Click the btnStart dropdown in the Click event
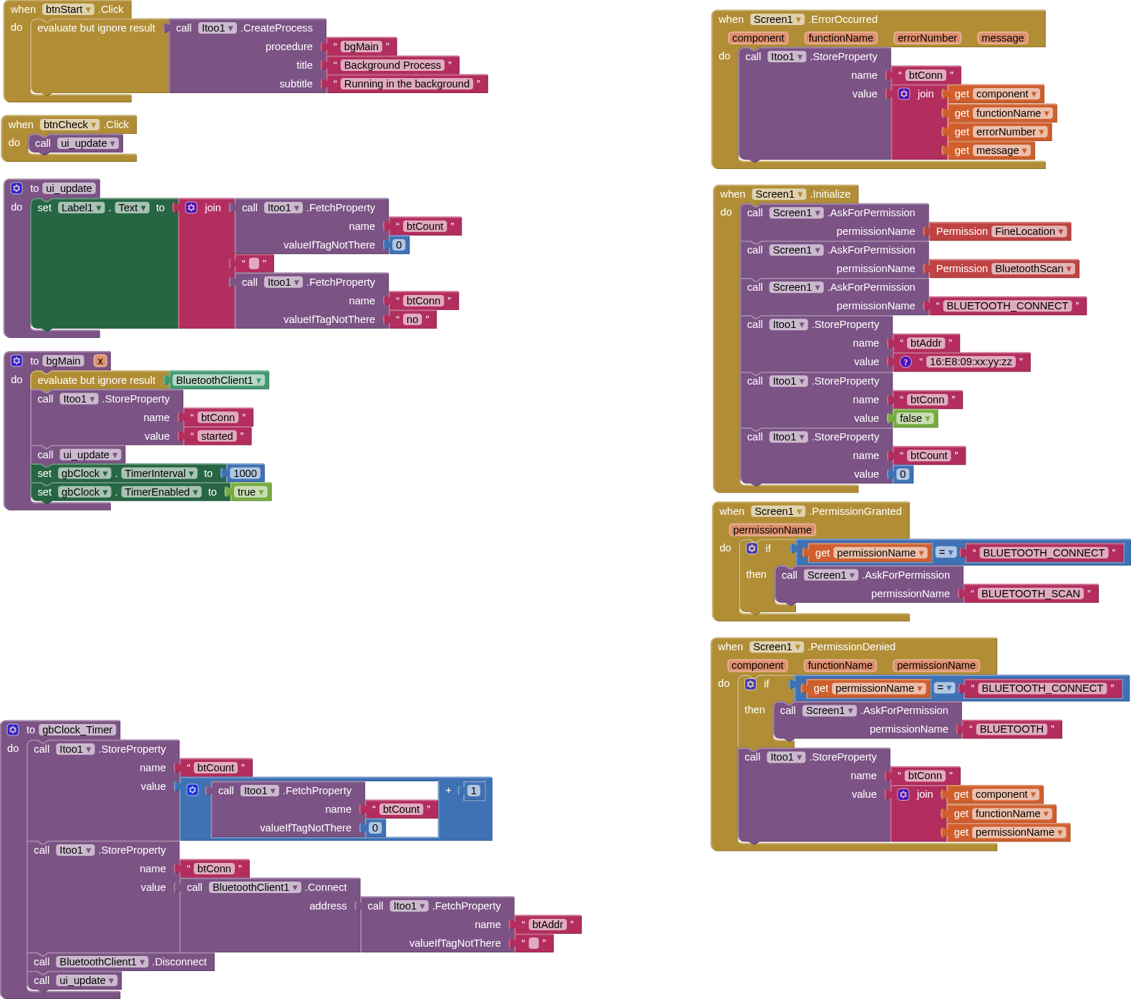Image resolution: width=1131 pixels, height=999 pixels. tap(68, 9)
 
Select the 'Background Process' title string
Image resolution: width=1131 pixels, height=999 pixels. tap(392, 65)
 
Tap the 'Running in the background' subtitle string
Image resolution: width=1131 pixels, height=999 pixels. tap(407, 84)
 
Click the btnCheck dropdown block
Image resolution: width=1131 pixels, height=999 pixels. tap(69, 125)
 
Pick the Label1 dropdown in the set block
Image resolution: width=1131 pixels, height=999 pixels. tap(82, 208)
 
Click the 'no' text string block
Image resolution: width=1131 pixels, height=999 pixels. tap(412, 319)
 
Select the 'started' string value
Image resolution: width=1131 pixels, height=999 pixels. tap(217, 436)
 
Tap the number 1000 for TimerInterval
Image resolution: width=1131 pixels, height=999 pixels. tap(245, 473)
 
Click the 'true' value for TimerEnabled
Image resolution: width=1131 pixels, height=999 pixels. tap(251, 492)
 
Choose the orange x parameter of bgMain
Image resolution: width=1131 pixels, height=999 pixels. tap(100, 361)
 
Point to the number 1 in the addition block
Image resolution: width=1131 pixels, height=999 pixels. tap(474, 791)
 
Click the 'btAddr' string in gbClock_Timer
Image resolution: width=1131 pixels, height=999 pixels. tap(548, 925)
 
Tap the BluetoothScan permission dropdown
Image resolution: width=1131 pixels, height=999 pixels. tap(1034, 269)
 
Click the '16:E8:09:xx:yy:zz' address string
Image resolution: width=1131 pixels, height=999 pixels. tap(971, 362)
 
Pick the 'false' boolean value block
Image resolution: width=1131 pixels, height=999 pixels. tap(915, 418)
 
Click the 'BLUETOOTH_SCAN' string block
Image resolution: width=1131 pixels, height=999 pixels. tap(1031, 594)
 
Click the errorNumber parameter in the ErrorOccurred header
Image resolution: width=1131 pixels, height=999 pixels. tap(927, 38)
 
